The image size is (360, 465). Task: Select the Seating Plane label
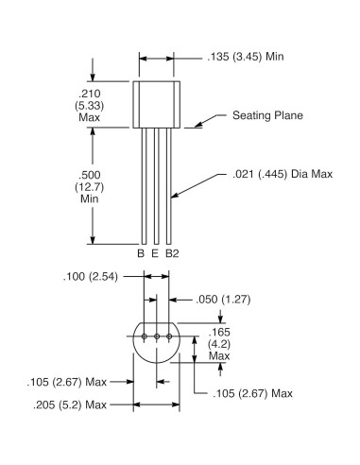pos(267,116)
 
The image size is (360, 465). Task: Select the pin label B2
pos(172,254)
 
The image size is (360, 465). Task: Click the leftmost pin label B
pos(141,254)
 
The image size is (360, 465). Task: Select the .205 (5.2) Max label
pos(66,404)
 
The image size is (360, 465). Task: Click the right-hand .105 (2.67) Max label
pos(252,392)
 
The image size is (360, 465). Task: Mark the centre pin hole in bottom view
pos(157,336)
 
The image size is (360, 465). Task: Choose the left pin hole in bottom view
pos(145,336)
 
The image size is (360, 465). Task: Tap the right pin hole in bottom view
pos(169,336)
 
